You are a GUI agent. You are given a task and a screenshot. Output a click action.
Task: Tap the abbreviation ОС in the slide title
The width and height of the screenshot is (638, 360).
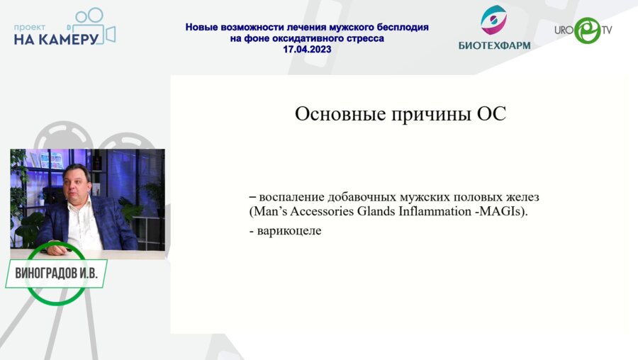[489, 114]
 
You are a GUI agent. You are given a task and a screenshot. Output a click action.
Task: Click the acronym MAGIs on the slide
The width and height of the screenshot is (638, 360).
[500, 212]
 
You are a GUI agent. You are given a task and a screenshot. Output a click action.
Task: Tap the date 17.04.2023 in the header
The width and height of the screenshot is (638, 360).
[307, 50]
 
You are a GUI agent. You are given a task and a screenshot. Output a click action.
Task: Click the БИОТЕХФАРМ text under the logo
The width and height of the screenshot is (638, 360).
[494, 45]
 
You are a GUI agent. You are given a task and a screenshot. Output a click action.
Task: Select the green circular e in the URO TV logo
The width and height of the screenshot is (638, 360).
[587, 30]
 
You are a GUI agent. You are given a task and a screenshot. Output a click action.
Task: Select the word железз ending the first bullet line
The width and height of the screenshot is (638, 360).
[532, 196]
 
